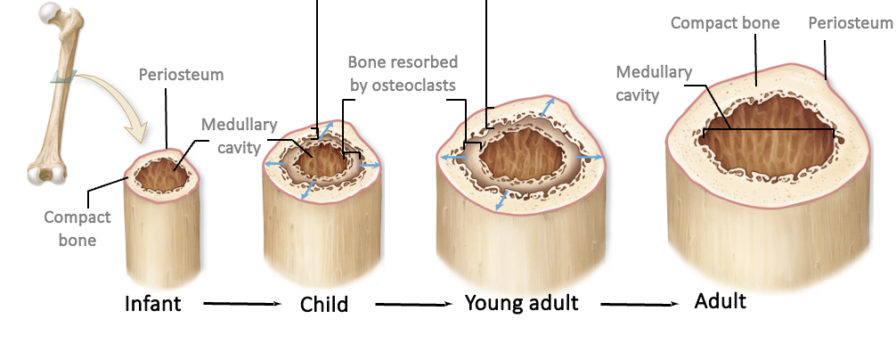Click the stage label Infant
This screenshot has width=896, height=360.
pyautogui.click(x=152, y=304)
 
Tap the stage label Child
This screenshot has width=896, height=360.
pyautogui.click(x=323, y=305)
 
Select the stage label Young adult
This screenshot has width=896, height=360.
pyautogui.click(x=521, y=303)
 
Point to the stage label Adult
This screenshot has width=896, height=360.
pyautogui.click(x=720, y=301)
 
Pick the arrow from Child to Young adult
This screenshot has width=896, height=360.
pyautogui.click(x=411, y=305)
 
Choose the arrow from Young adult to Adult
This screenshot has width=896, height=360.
pyautogui.click(x=637, y=305)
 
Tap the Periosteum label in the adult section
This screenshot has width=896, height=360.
pyautogui.click(x=849, y=22)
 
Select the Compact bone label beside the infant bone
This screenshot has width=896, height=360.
pyautogui.click(x=79, y=228)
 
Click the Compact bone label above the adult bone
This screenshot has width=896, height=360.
pyautogui.click(x=725, y=23)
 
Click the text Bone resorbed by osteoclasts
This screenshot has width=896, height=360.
pyautogui.click(x=402, y=74)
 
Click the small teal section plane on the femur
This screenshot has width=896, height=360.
pyautogui.click(x=63, y=78)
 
